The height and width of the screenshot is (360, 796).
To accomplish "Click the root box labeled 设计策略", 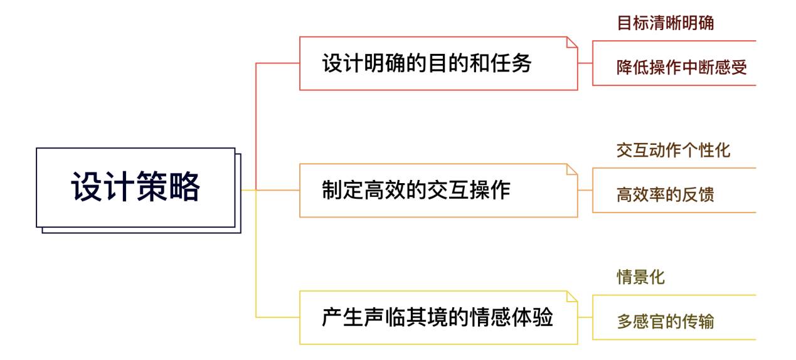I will click(x=135, y=187).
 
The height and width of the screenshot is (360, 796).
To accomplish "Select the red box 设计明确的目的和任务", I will click(x=438, y=63).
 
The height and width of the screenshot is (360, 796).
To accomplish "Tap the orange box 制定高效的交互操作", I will click(x=438, y=190).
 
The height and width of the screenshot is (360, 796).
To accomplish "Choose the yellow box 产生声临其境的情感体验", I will click(x=438, y=317).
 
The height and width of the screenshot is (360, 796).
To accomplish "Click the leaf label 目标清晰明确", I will click(x=666, y=23).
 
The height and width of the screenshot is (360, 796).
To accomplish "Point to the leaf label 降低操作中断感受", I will click(x=682, y=67).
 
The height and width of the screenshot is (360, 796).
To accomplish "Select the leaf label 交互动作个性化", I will click(x=673, y=150).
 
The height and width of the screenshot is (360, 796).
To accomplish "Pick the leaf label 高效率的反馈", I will click(x=666, y=194).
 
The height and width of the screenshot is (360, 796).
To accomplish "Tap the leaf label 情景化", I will click(x=640, y=277).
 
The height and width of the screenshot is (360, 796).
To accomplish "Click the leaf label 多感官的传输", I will click(x=666, y=322).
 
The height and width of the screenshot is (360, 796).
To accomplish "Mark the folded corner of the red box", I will click(x=572, y=42).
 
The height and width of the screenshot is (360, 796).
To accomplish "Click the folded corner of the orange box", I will click(x=572, y=169).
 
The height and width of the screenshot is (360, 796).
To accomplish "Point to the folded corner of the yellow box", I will click(x=572, y=296).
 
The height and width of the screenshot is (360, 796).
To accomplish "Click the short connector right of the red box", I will click(x=585, y=63).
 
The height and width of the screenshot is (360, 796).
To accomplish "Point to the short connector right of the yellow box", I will click(x=585, y=317).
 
